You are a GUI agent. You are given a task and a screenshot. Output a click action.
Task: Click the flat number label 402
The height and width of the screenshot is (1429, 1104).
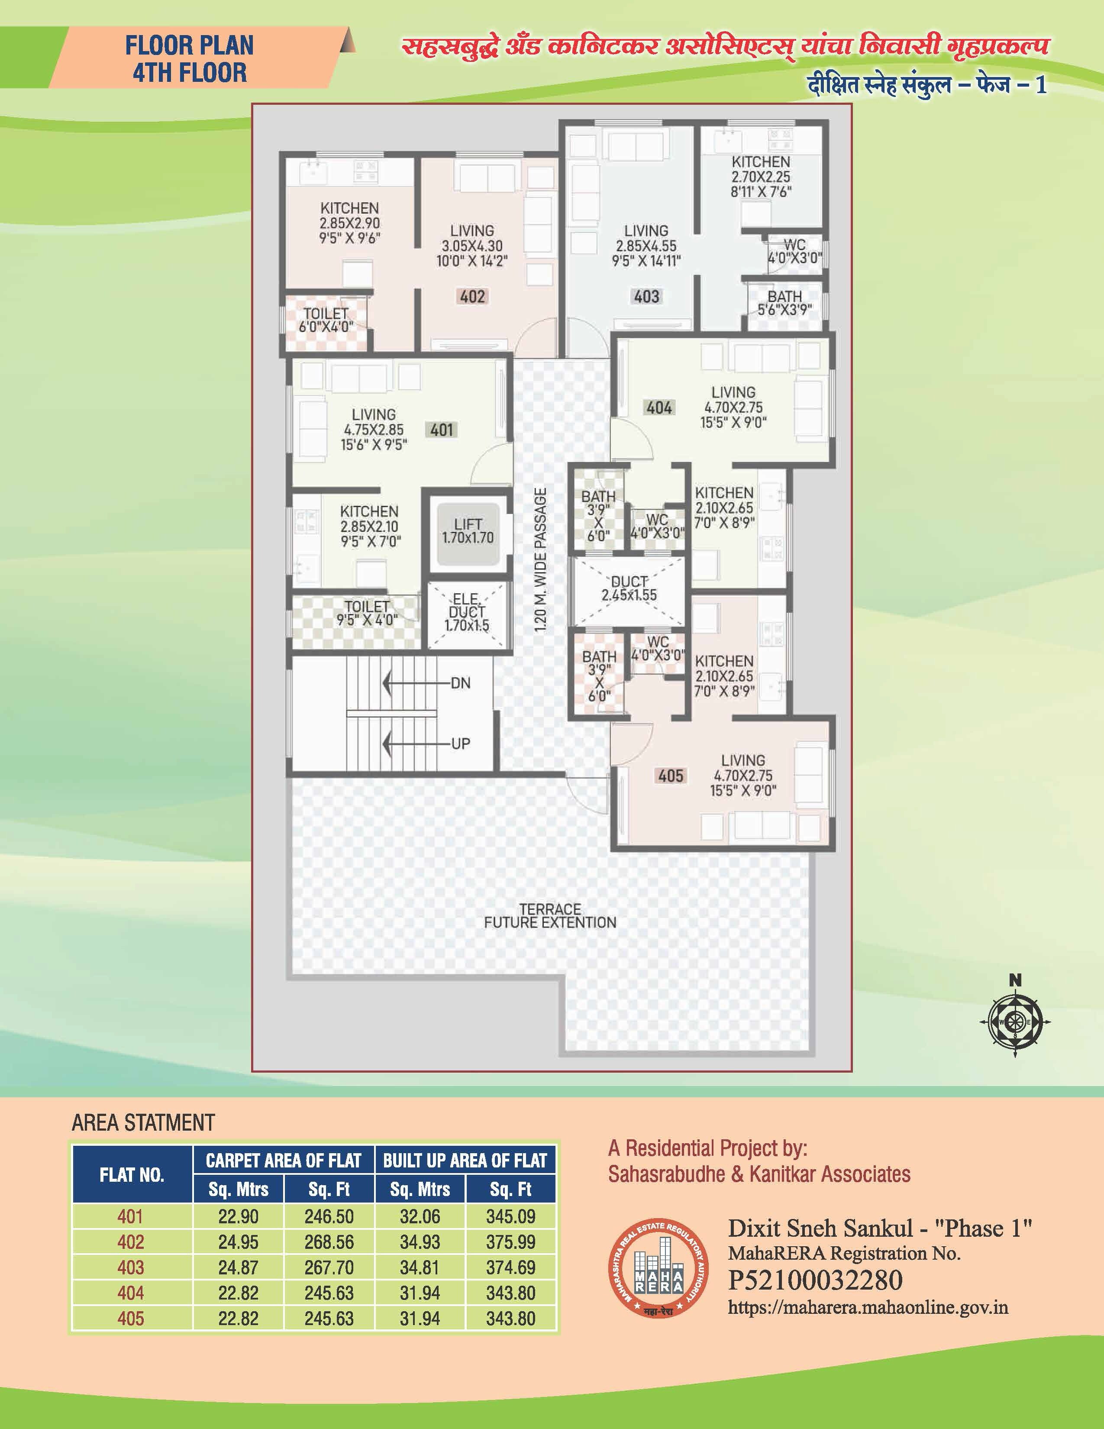[472, 296]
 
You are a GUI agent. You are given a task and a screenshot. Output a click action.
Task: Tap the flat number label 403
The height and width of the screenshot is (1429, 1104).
[646, 296]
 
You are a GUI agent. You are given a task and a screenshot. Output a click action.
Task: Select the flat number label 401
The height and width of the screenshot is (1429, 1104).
[442, 430]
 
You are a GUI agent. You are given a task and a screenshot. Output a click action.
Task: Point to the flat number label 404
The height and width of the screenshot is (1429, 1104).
[659, 407]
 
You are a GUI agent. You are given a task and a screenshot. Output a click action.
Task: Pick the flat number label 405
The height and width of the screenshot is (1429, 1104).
[670, 776]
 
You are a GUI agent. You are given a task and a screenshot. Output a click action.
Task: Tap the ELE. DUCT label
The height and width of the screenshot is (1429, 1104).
[467, 612]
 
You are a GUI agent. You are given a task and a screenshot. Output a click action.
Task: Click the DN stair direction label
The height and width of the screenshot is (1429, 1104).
[461, 683]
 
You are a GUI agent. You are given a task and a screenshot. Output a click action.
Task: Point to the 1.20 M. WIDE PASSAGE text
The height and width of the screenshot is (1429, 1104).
[540, 559]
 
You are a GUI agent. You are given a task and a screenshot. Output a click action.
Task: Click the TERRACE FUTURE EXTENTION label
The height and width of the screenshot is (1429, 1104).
[550, 915]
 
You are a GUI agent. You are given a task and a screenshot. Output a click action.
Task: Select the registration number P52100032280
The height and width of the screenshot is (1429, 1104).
[815, 1280]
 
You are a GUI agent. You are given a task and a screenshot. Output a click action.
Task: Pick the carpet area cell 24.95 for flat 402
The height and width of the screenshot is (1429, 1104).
[238, 1242]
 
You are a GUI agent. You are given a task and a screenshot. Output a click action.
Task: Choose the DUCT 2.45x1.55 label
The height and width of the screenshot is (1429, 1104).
[629, 588]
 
